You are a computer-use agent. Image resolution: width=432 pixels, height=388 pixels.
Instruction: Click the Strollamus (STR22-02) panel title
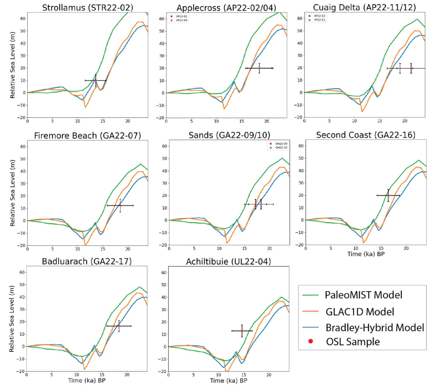[87, 8]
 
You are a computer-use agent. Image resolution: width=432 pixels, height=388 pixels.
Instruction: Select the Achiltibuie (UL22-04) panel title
[229, 261]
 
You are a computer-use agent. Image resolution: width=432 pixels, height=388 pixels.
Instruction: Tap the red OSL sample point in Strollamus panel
[96, 80]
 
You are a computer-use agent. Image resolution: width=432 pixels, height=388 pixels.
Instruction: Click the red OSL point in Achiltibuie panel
[242, 331]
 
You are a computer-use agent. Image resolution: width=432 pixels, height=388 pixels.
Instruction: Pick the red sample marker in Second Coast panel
[388, 195]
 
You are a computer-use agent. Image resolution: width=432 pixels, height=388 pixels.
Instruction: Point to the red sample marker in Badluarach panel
[119, 326]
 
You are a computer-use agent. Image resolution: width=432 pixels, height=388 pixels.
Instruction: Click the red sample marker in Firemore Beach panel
[120, 206]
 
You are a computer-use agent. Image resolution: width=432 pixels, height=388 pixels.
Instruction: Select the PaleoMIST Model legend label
[363, 295]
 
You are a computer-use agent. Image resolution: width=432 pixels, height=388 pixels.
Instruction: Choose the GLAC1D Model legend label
[360, 312]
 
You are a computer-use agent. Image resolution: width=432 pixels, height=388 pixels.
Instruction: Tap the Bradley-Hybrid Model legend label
[375, 328]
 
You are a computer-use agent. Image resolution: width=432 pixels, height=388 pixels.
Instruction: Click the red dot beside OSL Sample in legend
[311, 341]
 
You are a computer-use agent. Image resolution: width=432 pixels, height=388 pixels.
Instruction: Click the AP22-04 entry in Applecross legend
[181, 20]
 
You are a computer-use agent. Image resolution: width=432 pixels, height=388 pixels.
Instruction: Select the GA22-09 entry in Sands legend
[281, 144]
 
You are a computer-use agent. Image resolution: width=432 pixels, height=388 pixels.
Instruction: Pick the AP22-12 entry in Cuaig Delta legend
[319, 16]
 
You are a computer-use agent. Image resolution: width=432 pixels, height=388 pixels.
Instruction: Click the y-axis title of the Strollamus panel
[12, 65]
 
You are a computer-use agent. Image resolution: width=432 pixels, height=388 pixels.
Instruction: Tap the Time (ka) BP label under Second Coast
[366, 254]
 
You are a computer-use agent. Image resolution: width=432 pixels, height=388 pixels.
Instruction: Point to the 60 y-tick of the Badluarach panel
[22, 272]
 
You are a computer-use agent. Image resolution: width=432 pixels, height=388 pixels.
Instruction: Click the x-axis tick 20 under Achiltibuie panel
[269, 375]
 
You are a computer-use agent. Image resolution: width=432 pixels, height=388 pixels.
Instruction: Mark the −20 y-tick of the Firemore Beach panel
[22, 246]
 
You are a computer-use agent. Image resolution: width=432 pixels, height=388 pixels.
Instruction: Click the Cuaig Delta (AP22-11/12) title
[364, 8]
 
